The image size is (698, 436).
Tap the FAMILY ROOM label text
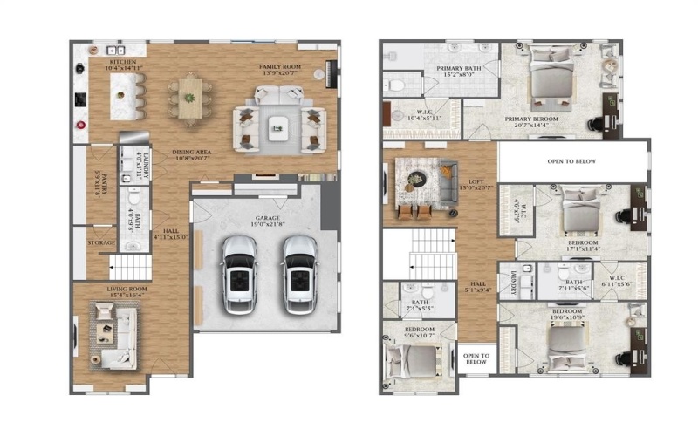(280, 66)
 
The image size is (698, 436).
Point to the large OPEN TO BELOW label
(572, 162)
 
